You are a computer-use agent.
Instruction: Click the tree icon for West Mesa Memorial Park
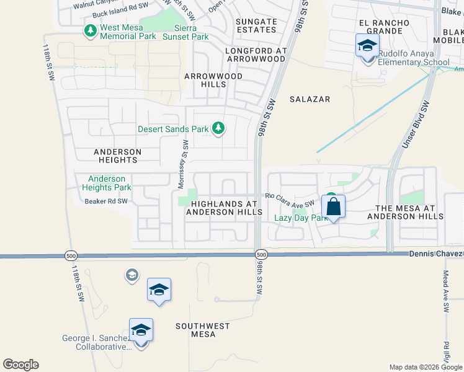(x=90, y=31)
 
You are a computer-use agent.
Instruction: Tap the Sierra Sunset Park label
(x=185, y=32)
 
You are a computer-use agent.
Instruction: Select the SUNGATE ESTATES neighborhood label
(x=256, y=25)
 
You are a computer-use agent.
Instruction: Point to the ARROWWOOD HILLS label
(x=213, y=80)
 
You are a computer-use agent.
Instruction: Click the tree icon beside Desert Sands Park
(x=218, y=129)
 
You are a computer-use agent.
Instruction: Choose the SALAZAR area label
(x=310, y=99)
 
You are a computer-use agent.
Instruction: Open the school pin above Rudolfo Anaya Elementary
(x=367, y=46)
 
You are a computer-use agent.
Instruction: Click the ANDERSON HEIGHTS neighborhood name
(x=118, y=156)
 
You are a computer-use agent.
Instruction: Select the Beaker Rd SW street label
(x=105, y=201)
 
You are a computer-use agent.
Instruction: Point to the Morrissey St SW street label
(x=183, y=164)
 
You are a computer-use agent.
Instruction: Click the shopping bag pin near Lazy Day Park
(x=333, y=207)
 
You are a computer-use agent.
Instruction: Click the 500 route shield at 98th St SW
(x=261, y=255)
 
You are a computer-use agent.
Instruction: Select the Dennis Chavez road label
(x=435, y=254)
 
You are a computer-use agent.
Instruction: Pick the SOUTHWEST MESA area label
(x=202, y=330)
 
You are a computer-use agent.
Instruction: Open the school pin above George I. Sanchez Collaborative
(x=141, y=330)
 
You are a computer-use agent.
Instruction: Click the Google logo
(x=20, y=365)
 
